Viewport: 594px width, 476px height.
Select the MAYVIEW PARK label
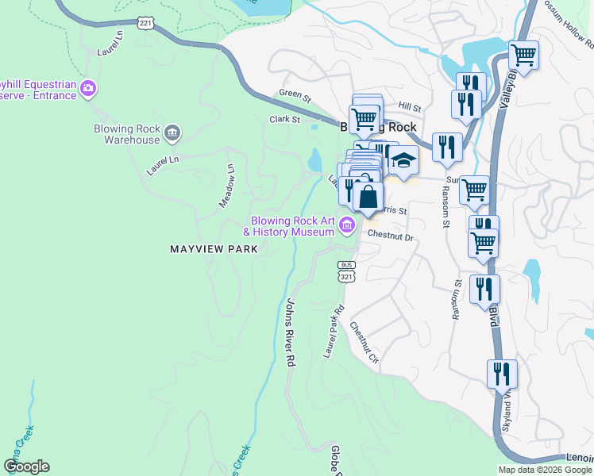point(214,249)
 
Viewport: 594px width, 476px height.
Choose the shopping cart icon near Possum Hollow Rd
point(523,55)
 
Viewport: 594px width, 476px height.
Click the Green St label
point(295,94)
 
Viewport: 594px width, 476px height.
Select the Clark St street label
point(284,120)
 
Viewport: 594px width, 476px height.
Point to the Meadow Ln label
point(227,186)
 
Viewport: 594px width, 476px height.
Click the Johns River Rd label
point(291,332)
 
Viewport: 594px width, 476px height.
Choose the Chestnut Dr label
point(391,236)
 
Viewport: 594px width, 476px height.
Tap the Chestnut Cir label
point(365,343)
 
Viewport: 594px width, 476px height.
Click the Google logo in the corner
point(26,466)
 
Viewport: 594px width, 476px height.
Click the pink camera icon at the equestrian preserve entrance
point(88,87)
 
